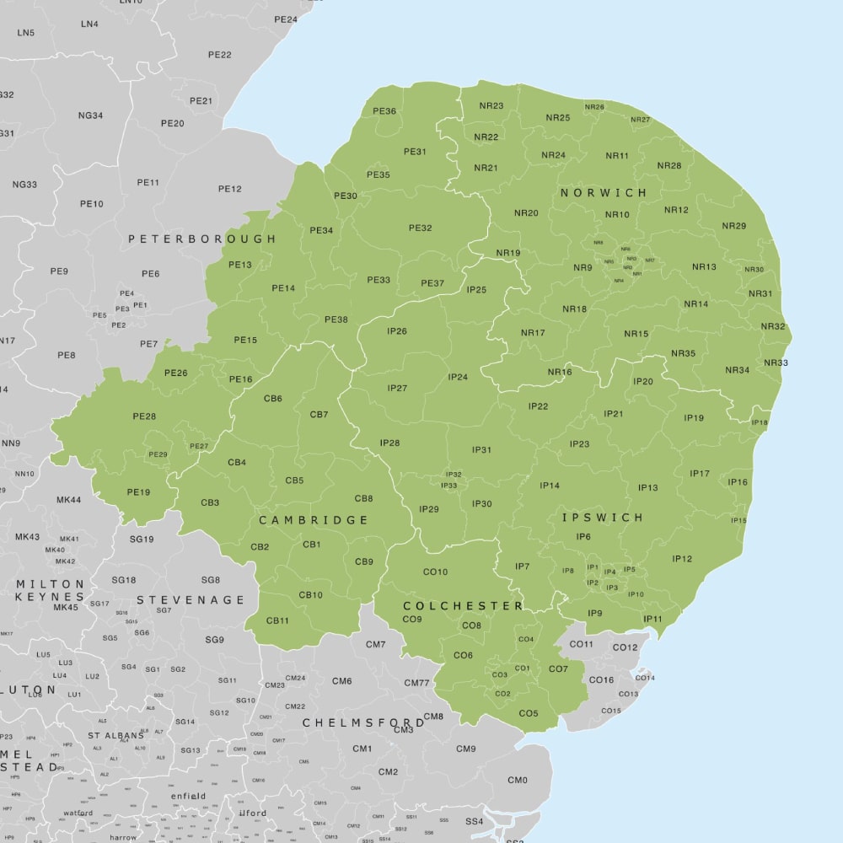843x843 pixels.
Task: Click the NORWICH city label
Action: coord(604,193)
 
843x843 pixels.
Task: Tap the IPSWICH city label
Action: coord(603,518)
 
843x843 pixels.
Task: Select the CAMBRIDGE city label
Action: coord(314,520)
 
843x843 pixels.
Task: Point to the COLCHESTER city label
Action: coord(463,606)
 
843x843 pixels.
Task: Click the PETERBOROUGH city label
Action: coord(202,239)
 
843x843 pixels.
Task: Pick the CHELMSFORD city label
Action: coord(363,723)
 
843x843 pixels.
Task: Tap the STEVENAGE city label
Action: coord(191,600)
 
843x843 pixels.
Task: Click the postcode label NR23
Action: coord(491,106)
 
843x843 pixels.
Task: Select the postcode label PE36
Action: coord(384,111)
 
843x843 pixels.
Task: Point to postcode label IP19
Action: coord(694,418)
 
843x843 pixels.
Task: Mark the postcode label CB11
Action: coord(277,620)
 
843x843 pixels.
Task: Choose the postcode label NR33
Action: coord(776,363)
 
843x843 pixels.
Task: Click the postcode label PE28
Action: coord(144,416)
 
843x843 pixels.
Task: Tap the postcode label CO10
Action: coord(435,572)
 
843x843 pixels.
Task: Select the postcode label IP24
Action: coord(458,377)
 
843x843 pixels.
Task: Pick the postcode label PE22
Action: coord(219,55)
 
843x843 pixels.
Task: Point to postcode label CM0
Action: coord(518,781)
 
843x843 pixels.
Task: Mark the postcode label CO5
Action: coord(529,714)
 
